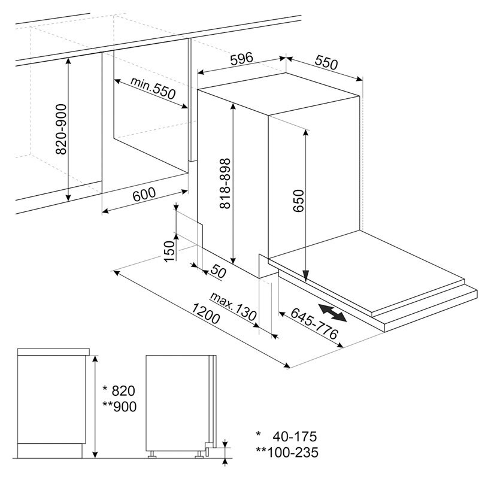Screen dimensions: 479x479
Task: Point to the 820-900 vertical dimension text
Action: coord(60,129)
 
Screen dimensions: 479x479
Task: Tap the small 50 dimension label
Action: coord(218,272)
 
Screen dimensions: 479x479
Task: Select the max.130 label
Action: coord(234,306)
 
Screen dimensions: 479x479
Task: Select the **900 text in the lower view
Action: coord(120,407)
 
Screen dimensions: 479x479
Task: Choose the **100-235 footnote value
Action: coord(285,452)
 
